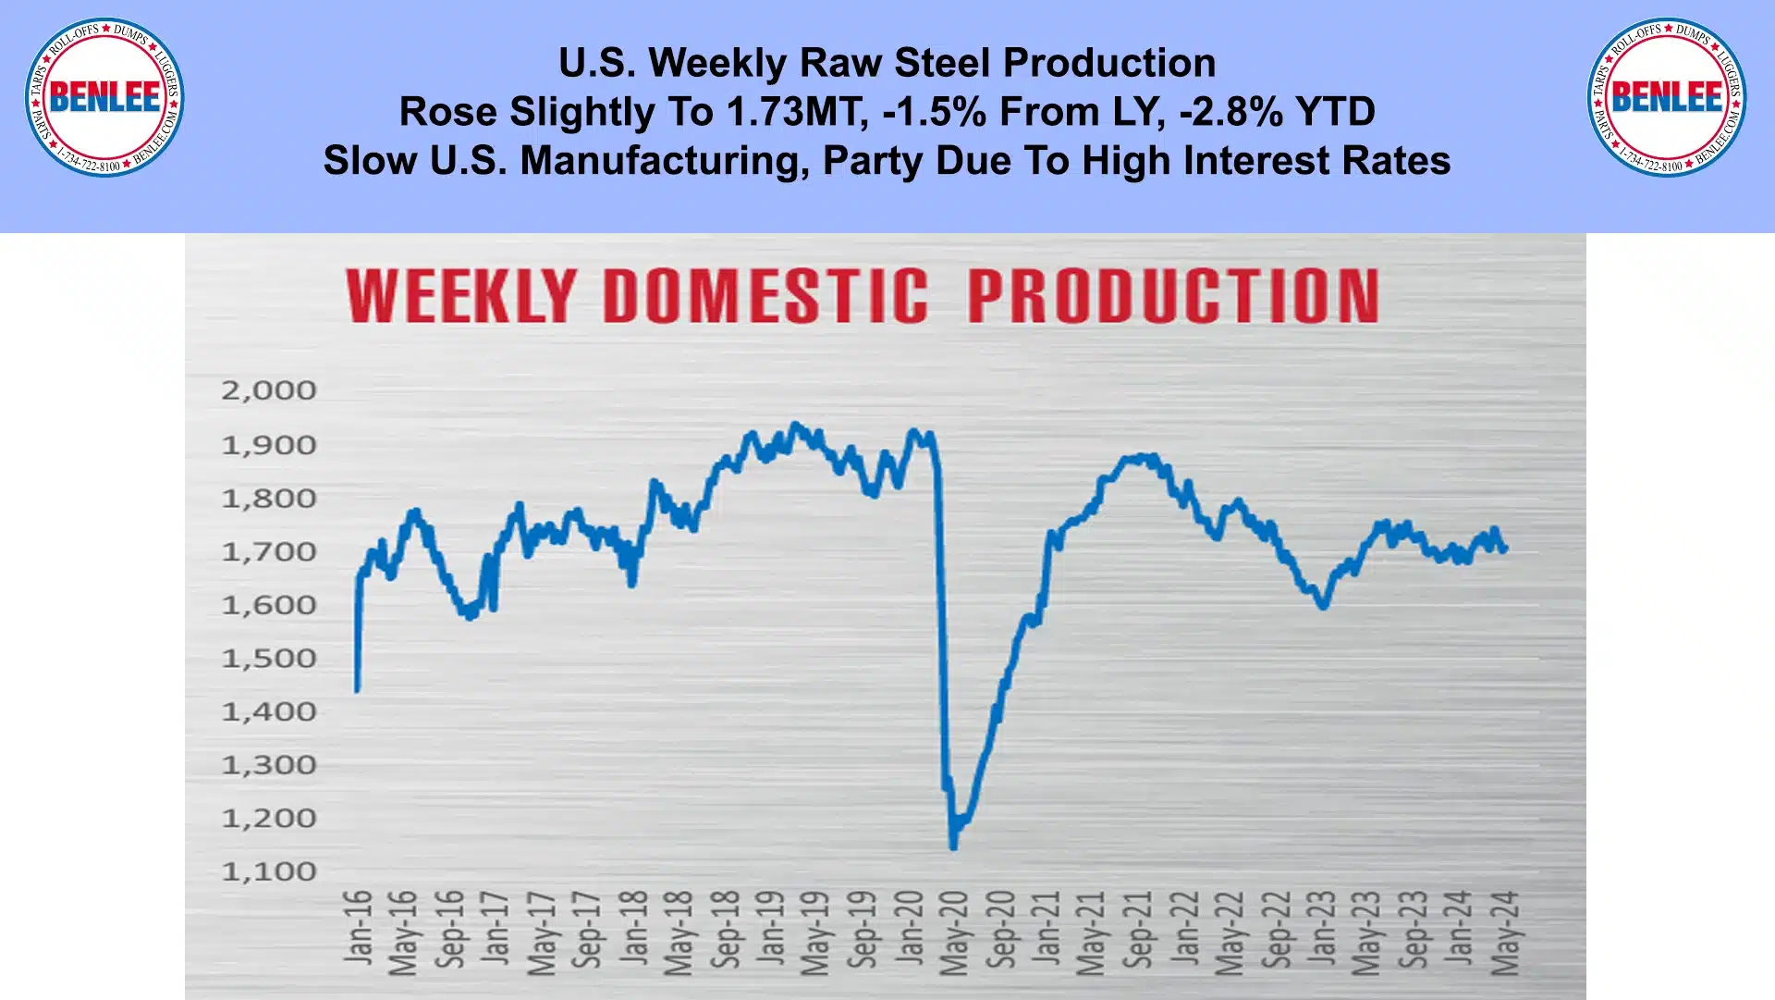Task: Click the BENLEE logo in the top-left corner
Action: pos(104,97)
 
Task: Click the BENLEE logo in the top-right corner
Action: pos(1667,97)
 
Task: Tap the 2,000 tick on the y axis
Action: pos(269,390)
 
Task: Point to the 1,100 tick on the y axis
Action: pos(269,871)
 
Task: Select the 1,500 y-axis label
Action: pos(269,659)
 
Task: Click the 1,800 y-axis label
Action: pos(269,499)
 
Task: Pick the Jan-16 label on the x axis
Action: pos(358,928)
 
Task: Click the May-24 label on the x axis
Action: pos(1506,932)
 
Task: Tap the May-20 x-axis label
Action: pos(955,932)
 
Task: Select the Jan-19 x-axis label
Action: pos(771,928)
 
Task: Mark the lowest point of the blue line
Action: pos(953,846)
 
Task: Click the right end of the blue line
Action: pos(1506,549)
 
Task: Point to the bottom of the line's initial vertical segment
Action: pos(357,690)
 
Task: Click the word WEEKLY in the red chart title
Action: pos(461,297)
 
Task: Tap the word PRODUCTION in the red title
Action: pos(1173,297)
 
